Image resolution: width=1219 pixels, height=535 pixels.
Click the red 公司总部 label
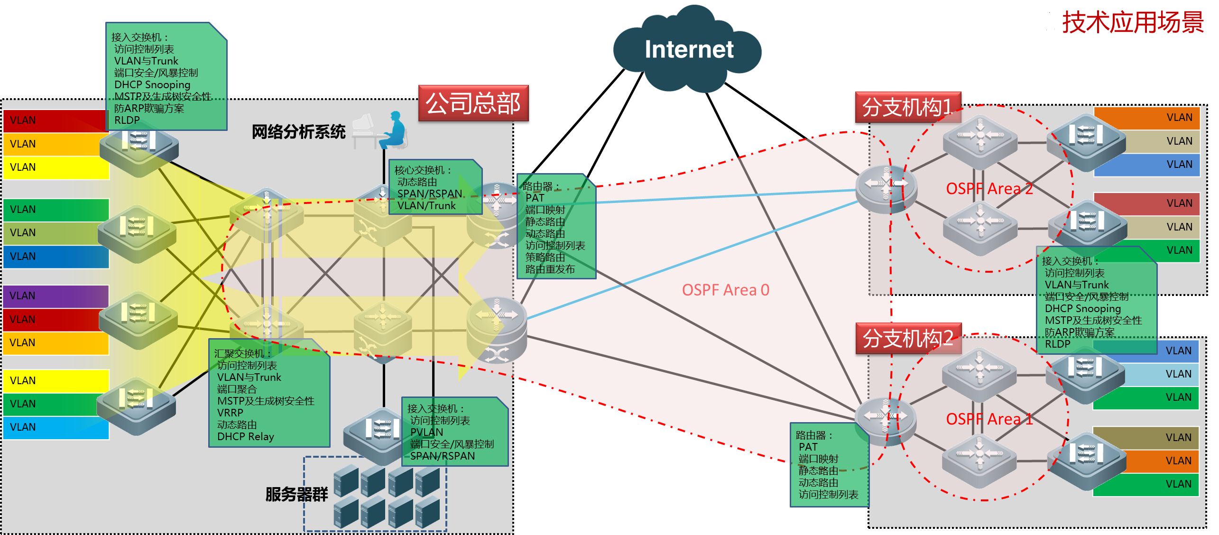473,103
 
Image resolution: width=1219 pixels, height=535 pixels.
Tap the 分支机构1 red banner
907,107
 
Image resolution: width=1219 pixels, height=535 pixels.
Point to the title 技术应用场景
1132,22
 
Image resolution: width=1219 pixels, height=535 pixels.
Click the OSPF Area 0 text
725,290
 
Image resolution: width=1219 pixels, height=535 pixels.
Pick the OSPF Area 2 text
989,189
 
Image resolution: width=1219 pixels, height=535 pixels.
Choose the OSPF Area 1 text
989,419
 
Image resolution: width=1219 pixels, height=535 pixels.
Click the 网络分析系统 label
298,132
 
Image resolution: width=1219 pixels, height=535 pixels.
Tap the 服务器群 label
296,494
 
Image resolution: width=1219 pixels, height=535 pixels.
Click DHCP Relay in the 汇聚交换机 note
245,437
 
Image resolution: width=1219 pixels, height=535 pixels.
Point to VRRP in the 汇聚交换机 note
230,413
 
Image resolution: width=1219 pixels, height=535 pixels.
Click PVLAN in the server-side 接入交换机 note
426,432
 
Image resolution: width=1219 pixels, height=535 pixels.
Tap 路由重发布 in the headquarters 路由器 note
550,269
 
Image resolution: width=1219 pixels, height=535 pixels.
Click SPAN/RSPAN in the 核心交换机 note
429,194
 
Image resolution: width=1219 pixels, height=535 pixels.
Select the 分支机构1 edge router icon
886,189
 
